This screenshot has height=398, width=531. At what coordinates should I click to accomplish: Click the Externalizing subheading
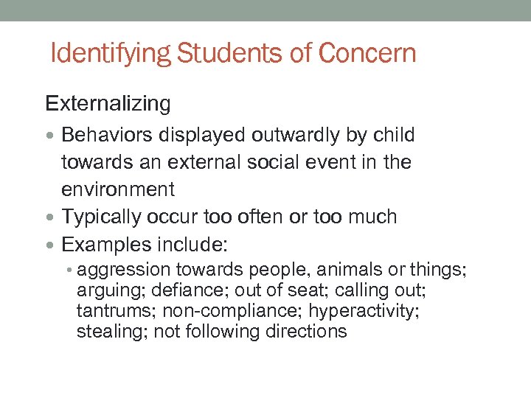pos(108,104)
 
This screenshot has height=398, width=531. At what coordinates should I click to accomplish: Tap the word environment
pos(118,189)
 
